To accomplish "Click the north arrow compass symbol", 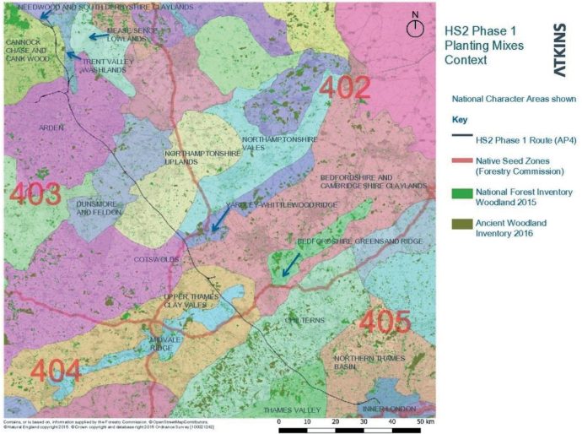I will point(414,26).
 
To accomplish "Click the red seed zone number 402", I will point(343,88).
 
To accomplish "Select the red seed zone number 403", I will point(35,193).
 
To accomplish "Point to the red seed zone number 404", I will point(57,371).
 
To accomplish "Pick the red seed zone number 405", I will point(385,321).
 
